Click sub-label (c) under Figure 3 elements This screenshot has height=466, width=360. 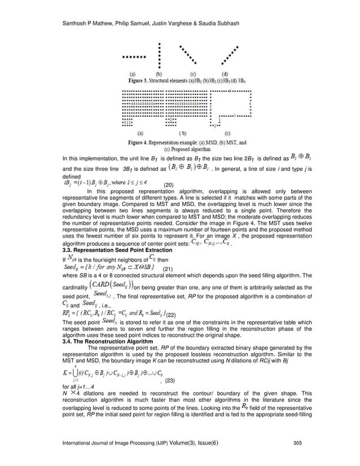point(194,74)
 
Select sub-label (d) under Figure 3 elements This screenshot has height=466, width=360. point(225,74)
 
